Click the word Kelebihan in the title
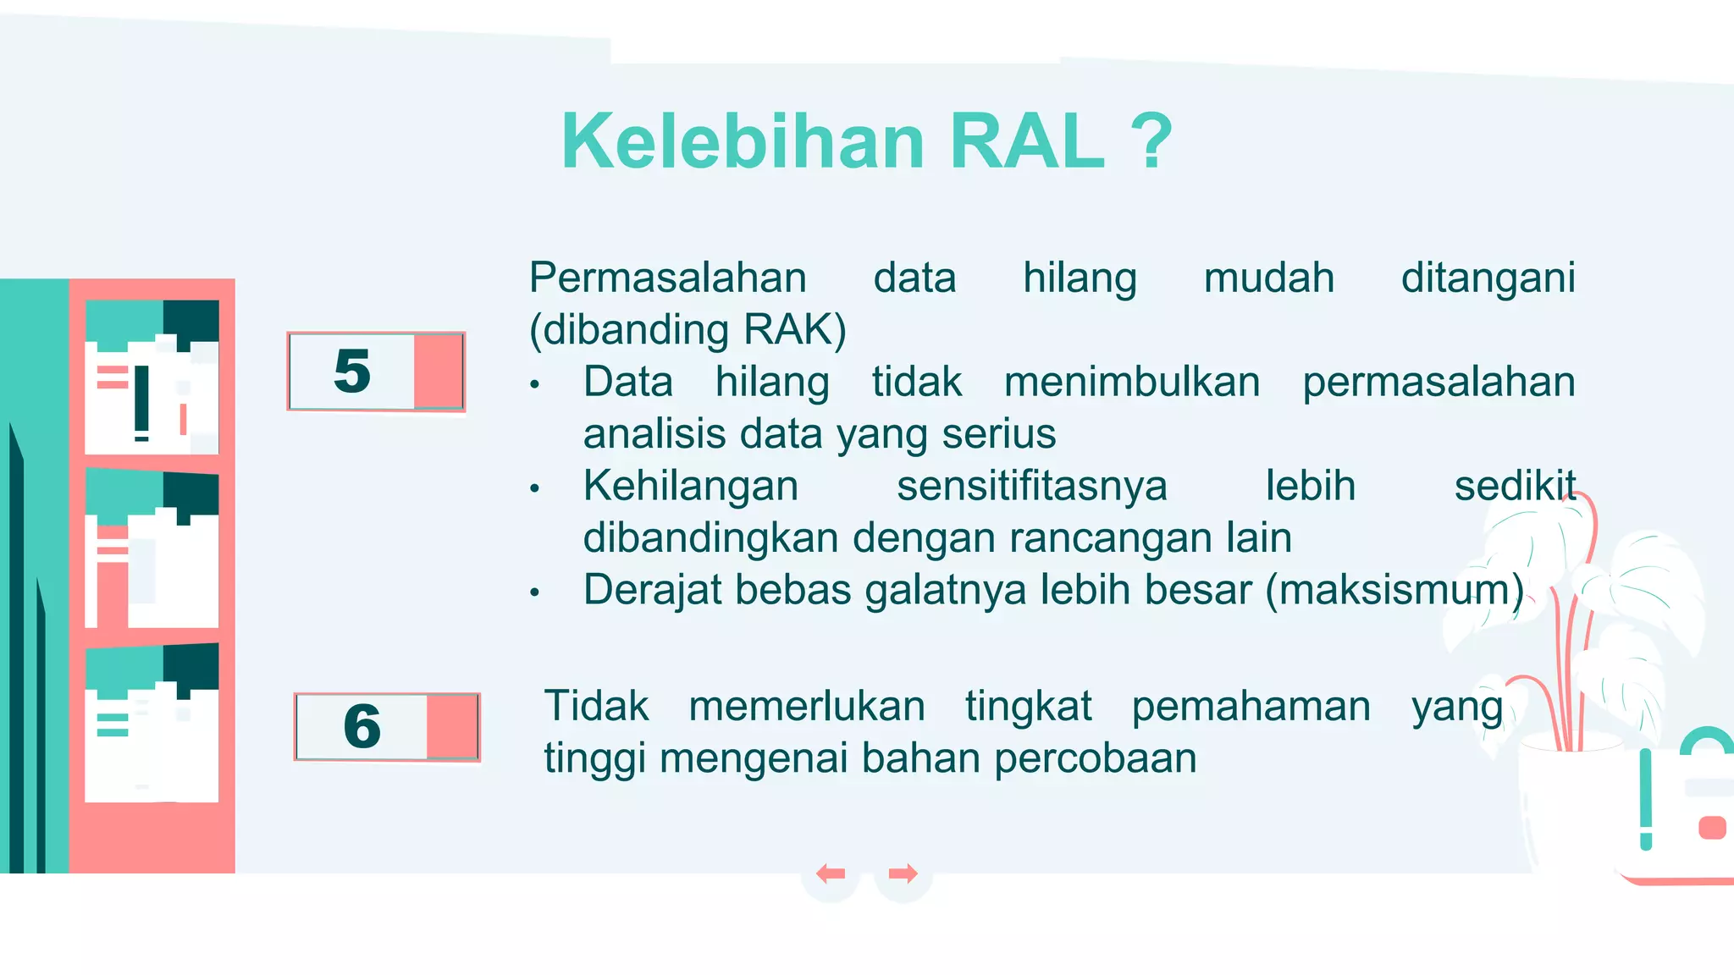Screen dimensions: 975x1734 (x=743, y=141)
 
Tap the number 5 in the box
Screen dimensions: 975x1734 (x=352, y=371)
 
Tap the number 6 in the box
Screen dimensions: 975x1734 (x=362, y=726)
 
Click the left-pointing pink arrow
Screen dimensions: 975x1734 (x=831, y=873)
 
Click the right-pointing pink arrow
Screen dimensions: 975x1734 (x=903, y=873)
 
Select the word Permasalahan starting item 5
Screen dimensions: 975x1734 (x=667, y=278)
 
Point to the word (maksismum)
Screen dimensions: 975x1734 (x=1395, y=590)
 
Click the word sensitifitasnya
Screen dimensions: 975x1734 (x=1031, y=486)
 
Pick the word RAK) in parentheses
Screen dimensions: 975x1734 (x=794, y=330)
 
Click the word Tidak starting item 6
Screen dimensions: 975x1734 (x=596, y=706)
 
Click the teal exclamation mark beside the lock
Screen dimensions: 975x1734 (x=1645, y=799)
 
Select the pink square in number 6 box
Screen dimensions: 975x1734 (x=452, y=726)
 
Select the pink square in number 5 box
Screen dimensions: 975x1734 (x=438, y=371)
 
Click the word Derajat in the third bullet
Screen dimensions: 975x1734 (x=651, y=590)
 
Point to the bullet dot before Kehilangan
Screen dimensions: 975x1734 (x=534, y=488)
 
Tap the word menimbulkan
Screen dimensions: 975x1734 (x=1131, y=382)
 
